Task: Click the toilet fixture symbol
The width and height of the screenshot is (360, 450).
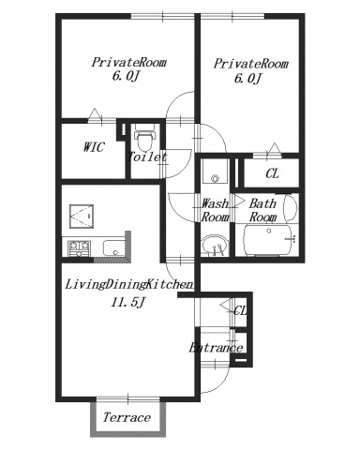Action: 144,138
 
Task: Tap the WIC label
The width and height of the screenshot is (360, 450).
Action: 94,147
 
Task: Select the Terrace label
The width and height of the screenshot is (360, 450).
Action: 127,417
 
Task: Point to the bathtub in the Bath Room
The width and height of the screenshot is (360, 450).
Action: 267,240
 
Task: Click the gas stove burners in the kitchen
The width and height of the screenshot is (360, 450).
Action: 79,247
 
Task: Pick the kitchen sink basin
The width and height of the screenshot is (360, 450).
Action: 114,248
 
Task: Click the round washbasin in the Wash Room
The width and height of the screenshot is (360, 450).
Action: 215,245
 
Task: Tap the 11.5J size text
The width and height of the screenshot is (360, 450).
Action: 127,302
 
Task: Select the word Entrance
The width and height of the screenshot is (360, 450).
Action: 216,348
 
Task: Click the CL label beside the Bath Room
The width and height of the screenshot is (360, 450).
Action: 272,173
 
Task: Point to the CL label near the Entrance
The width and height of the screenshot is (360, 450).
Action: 240,310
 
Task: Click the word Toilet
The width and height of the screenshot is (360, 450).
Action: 147,157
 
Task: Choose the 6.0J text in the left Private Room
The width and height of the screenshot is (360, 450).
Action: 125,76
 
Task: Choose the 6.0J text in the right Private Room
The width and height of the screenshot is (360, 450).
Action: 247,78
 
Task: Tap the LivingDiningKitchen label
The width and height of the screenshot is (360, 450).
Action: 128,284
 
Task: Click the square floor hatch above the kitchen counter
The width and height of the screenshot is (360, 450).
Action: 82,217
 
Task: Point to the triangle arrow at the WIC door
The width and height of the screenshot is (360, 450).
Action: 95,114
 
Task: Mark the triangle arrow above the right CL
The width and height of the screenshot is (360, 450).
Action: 275,149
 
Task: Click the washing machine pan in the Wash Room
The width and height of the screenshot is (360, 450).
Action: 215,172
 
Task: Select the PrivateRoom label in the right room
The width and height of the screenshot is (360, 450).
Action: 250,64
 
